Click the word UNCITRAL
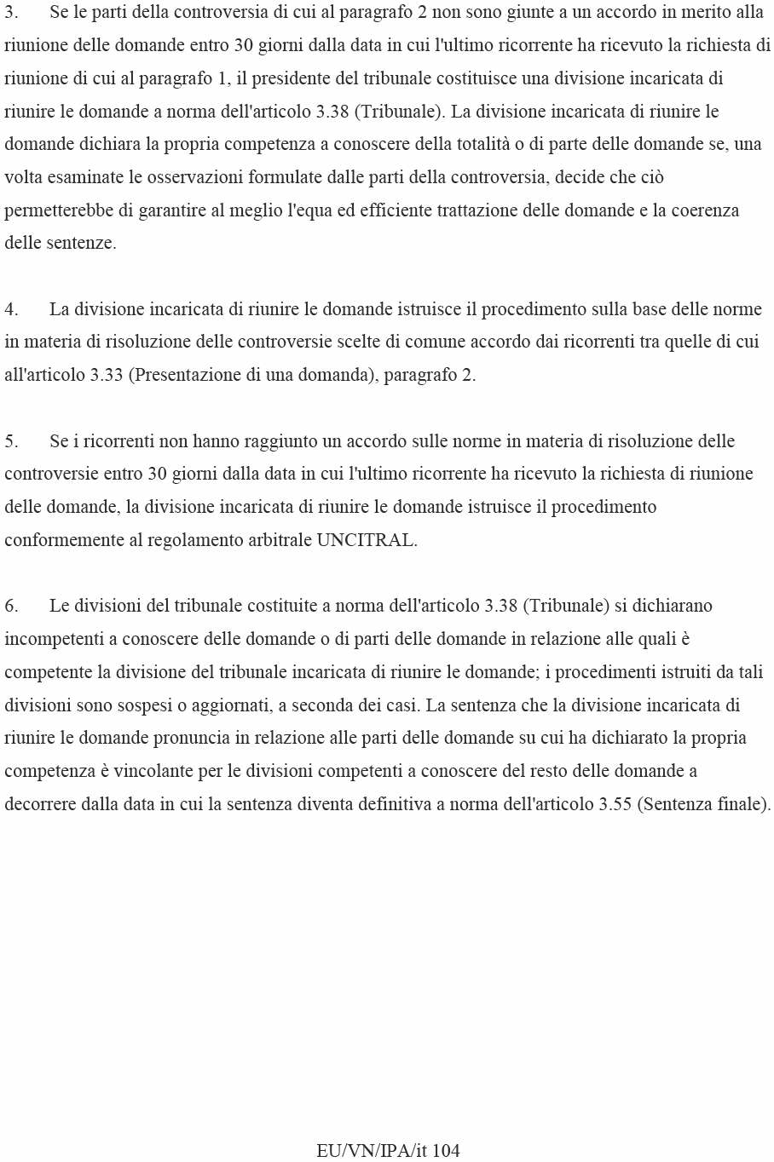point(366,540)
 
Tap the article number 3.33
point(107,375)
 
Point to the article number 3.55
point(615,804)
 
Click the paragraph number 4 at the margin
point(10,309)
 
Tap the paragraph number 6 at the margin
point(10,606)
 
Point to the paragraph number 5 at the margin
point(10,441)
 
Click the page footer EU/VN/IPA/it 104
point(388,1150)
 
